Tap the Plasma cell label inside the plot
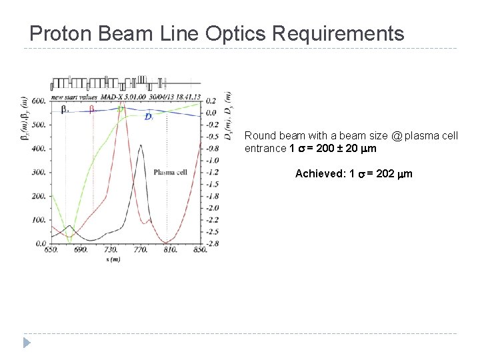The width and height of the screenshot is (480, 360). pyautogui.click(x=171, y=172)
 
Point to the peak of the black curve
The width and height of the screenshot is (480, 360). pyautogui.click(x=140, y=145)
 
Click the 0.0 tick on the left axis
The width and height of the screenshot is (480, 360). pyautogui.click(x=40, y=243)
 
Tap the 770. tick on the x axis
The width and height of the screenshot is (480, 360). pyautogui.click(x=140, y=249)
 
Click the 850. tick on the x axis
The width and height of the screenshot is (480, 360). pyautogui.click(x=200, y=249)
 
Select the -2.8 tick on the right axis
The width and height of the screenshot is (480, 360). pyautogui.click(x=212, y=244)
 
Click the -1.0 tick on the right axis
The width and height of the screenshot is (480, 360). pyautogui.click(x=212, y=161)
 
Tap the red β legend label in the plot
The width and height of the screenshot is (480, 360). pyautogui.click(x=93, y=109)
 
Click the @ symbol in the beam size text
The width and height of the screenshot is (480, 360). pyautogui.click(x=397, y=136)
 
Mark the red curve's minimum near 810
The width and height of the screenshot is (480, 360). pyautogui.click(x=165, y=243)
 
